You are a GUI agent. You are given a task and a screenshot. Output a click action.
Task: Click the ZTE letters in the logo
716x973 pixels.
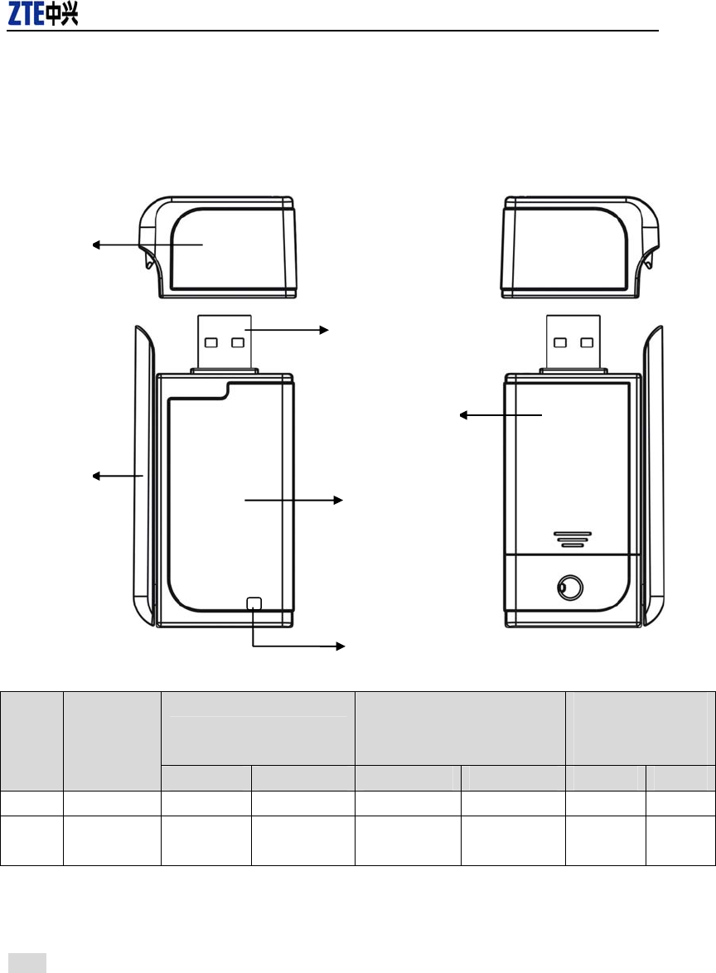(x=26, y=13)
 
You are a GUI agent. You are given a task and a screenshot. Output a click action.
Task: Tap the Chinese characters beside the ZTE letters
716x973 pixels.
(x=61, y=14)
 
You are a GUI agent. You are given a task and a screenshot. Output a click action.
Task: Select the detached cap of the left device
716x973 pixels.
(x=218, y=247)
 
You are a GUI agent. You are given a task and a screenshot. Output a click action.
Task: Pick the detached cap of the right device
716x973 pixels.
(x=580, y=247)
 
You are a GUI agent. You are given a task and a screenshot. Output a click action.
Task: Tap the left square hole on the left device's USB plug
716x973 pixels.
(x=211, y=342)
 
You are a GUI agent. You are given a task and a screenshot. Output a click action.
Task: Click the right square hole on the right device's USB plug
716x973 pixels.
(x=587, y=342)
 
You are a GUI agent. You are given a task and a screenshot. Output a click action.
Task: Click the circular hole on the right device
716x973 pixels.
(x=569, y=587)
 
